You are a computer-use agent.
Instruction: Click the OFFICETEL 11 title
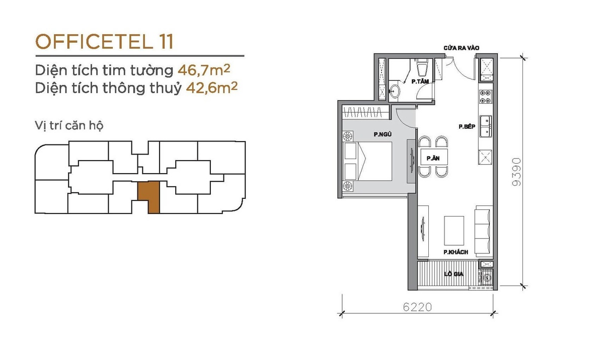pos(104,41)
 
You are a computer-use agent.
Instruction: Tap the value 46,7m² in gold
pos(204,70)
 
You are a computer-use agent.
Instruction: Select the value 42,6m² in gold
pos(212,88)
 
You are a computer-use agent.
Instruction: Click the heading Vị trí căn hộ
pos(69,126)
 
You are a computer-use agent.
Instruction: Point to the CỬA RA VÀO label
pos(462,48)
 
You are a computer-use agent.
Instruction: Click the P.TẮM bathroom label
pos(420,82)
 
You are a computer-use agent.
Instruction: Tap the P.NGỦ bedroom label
pos(383,134)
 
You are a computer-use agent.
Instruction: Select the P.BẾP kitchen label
pos(467,126)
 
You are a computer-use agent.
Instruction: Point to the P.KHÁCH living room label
pos(456,252)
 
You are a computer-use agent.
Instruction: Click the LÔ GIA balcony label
pos(454,274)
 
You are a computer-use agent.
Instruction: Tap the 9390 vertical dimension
pos(516,172)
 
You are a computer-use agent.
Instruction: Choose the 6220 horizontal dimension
pos(417,307)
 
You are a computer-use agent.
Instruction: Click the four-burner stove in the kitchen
pos(486,97)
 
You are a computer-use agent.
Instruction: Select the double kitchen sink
pos(486,126)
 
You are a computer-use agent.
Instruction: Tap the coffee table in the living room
pos(454,230)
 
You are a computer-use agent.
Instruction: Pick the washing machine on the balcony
pos(487,277)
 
